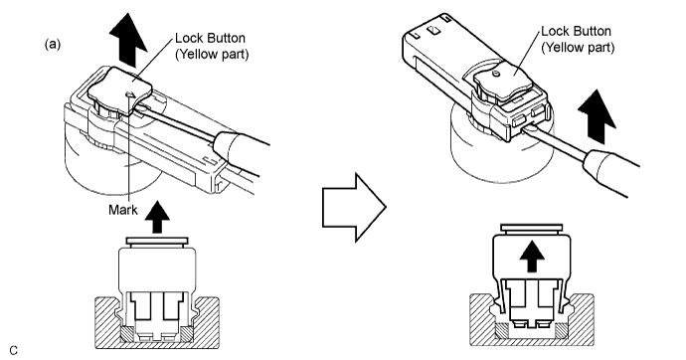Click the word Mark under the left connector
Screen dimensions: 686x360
tap(123, 210)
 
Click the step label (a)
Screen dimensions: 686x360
tap(53, 44)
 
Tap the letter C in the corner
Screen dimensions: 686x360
tap(14, 351)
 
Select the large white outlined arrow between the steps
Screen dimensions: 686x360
tap(354, 207)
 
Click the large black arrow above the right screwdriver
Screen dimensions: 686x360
tap(597, 116)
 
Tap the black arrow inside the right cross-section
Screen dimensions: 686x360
tap(532, 258)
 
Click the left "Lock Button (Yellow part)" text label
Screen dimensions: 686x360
tap(212, 46)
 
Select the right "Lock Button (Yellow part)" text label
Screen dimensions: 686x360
tap(578, 39)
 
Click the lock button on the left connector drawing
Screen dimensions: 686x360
tap(120, 90)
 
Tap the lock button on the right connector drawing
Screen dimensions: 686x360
tap(504, 78)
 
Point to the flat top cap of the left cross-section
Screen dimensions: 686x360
tap(157, 241)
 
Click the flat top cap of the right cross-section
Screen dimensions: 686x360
tap(532, 228)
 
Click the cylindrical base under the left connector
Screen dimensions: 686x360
tap(112, 166)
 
